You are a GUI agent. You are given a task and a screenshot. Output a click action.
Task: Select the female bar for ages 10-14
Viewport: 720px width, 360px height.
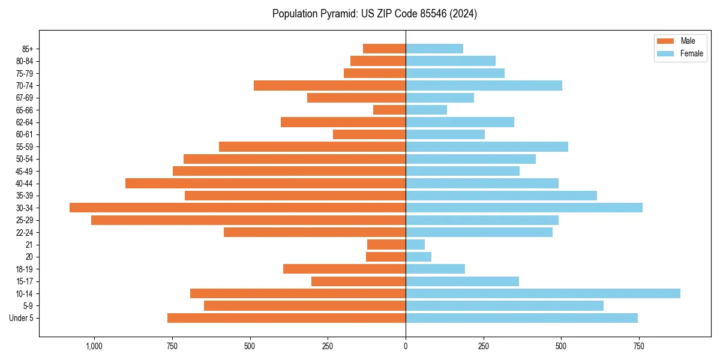(543, 293)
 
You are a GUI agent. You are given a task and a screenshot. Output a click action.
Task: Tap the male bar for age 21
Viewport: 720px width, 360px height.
(386, 244)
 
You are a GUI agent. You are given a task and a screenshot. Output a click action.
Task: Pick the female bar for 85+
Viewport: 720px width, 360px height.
(434, 49)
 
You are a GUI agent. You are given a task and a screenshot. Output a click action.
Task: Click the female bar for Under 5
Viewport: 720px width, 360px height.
(521, 318)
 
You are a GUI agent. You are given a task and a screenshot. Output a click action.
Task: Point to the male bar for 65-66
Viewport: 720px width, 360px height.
(389, 110)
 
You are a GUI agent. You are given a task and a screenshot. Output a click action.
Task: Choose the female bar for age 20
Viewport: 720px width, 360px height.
(418, 257)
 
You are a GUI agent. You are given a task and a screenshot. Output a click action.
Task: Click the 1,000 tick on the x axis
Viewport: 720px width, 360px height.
(94, 346)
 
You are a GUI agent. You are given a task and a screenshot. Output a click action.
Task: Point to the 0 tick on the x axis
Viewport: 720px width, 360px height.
(406, 346)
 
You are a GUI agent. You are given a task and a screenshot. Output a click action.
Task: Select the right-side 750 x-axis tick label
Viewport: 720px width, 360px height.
(639, 346)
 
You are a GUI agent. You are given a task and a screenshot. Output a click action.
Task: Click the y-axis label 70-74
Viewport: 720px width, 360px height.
(25, 85)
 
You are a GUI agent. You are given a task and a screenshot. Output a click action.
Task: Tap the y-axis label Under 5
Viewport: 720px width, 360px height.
(22, 318)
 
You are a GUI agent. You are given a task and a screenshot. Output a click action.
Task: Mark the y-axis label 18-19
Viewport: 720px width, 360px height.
(25, 269)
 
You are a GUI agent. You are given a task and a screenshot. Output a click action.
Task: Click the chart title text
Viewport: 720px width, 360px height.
(374, 14)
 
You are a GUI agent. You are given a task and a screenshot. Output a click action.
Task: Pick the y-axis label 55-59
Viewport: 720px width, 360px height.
(25, 146)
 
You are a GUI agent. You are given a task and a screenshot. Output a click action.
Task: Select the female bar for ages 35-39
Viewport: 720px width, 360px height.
(501, 196)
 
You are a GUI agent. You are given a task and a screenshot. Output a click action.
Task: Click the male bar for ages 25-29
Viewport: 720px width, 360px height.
(248, 220)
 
